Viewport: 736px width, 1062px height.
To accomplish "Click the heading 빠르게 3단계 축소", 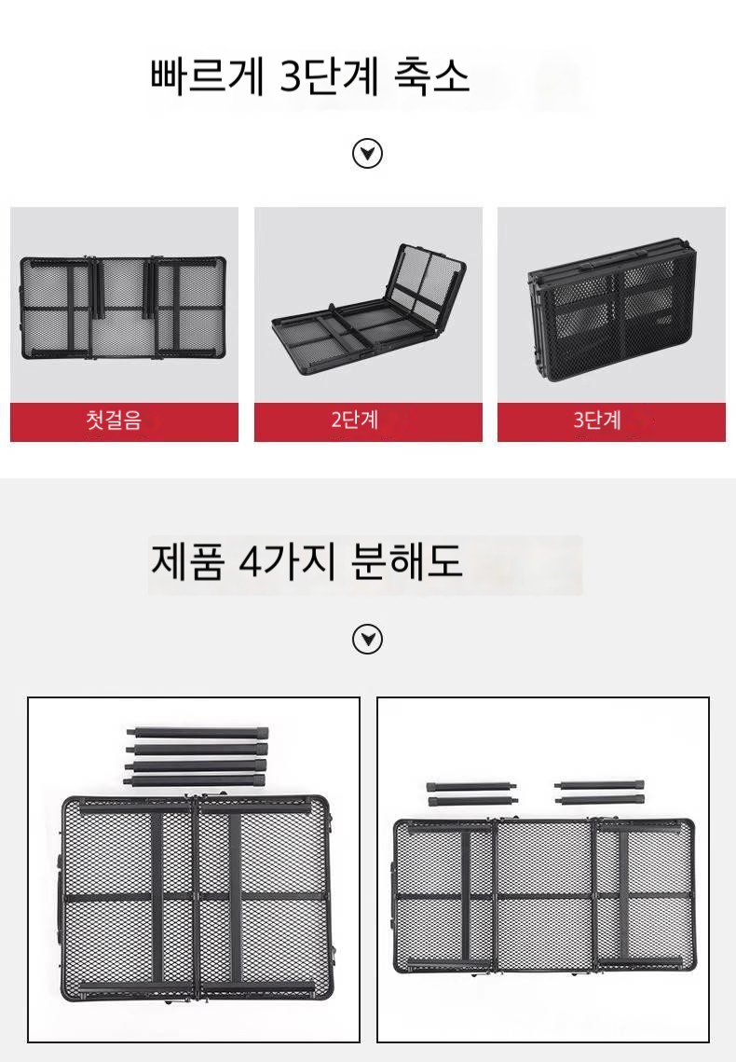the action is pos(310,76).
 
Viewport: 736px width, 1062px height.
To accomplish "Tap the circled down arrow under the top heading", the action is pos(367,154).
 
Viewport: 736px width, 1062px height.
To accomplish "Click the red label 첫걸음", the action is pos(114,420).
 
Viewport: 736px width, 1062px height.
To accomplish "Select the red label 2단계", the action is pos(354,420).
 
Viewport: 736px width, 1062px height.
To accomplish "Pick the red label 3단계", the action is pos(597,420).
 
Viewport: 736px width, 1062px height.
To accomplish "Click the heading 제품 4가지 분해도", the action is pos(307,561).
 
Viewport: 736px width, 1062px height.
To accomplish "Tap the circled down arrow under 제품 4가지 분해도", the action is pos(367,639).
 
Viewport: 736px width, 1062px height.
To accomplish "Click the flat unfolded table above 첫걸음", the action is pos(122,308).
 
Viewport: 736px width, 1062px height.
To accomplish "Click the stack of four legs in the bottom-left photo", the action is pos(197,756).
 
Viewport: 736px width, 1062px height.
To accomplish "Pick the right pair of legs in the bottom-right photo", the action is pos(599,793).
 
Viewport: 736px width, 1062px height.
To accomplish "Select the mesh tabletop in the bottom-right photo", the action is pos(544,896).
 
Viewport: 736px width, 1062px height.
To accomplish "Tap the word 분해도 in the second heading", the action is pos(407,561).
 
